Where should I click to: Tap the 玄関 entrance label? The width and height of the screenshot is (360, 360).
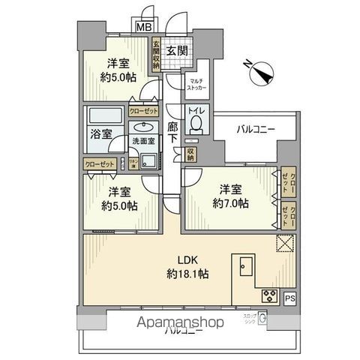[x=176, y=51]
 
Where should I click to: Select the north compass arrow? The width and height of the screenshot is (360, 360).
[x=263, y=73]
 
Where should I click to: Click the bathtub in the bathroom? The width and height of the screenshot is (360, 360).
[x=102, y=120]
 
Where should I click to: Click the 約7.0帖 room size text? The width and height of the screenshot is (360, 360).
[x=230, y=204]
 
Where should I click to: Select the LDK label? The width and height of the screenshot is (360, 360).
[x=187, y=261]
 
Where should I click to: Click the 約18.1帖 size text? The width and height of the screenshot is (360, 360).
[x=187, y=274]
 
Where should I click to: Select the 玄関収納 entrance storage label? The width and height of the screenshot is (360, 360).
[x=156, y=55]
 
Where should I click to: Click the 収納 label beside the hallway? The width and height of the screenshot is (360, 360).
[x=191, y=154]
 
